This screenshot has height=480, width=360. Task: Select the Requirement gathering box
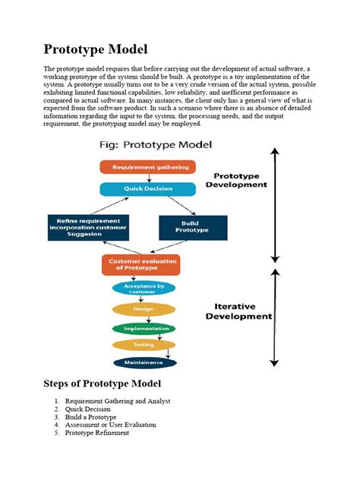pyautogui.click(x=147, y=167)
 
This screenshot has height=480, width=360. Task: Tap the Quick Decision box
pyautogui.click(x=147, y=189)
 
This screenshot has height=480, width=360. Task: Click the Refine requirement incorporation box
pyautogui.click(x=88, y=227)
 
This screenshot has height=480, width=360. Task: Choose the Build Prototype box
pyautogui.click(x=192, y=227)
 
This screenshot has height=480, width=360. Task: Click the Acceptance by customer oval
pyautogui.click(x=144, y=289)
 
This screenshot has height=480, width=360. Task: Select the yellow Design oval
pyautogui.click(x=144, y=309)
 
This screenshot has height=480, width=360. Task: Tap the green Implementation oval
pyautogui.click(x=144, y=328)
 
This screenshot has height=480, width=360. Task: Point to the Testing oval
pyautogui.click(x=144, y=345)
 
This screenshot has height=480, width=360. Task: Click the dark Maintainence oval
pyautogui.click(x=144, y=362)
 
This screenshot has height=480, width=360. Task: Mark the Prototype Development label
pyautogui.click(x=240, y=179)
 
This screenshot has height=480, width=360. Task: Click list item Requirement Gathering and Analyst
pyautogui.click(x=117, y=401)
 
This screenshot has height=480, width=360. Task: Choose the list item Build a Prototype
pyautogui.click(x=90, y=417)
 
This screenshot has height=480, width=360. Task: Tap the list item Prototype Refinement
pyautogui.click(x=97, y=433)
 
